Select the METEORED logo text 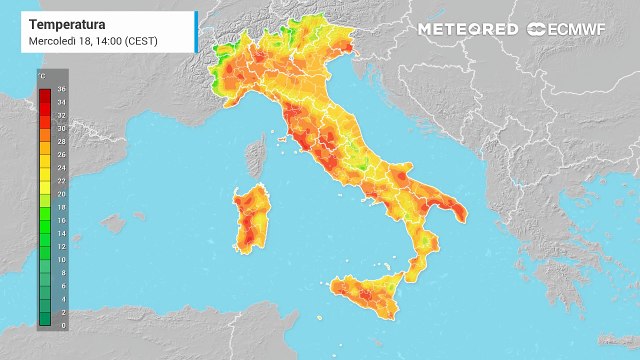pos(468,29)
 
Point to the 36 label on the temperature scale pos(62,89)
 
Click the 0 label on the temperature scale pos(61,326)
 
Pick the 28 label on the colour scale pos(62,142)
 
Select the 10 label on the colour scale pos(62,260)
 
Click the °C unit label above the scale pos(42,76)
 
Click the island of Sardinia pos(251,215)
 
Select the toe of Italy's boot pos(409,268)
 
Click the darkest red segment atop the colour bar pos(45,91)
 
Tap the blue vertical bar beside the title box pos(196,32)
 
